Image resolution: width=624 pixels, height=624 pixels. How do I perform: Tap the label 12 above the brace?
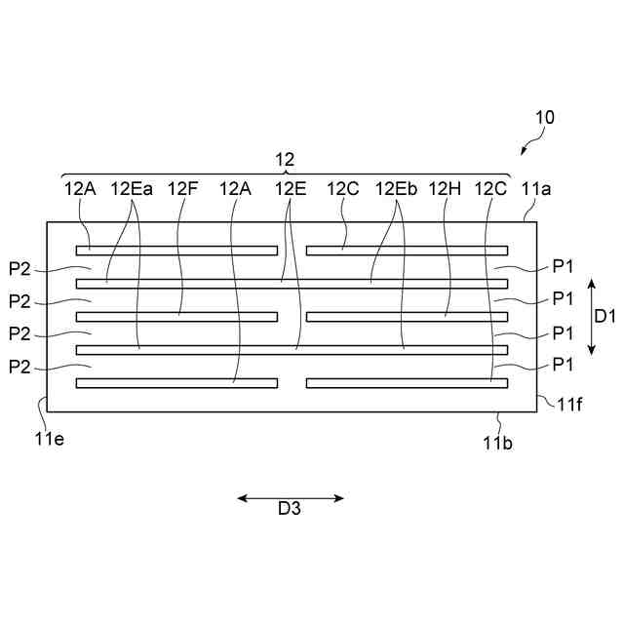tap(285, 159)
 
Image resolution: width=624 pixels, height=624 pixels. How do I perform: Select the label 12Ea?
tap(132, 188)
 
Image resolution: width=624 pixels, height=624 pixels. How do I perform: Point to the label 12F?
tap(183, 188)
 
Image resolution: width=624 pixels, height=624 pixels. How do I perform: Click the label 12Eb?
tap(397, 188)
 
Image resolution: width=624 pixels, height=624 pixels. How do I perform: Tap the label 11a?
tap(537, 188)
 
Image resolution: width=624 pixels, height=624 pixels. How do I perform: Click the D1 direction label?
tap(604, 316)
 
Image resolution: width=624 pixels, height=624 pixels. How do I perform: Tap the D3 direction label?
tap(290, 508)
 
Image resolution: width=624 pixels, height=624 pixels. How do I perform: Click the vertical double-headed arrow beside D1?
tap(591, 316)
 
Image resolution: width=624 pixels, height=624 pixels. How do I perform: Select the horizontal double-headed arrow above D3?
tap(291, 498)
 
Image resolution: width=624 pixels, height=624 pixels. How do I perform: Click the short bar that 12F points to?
tap(176, 316)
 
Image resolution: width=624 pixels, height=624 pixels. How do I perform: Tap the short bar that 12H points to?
tap(407, 316)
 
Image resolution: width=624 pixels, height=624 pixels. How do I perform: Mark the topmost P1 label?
tap(563, 266)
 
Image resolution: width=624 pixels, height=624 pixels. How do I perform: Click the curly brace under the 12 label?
tap(285, 173)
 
